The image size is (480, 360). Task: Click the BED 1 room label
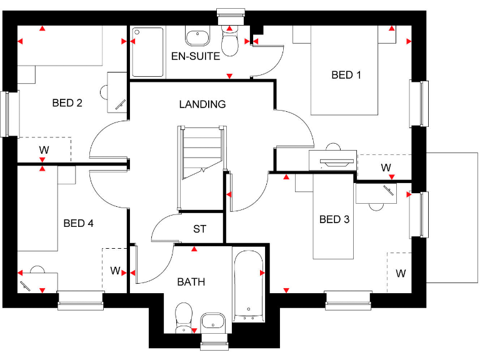pyautogui.click(x=346, y=75)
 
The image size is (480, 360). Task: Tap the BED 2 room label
pyautogui.click(x=67, y=103)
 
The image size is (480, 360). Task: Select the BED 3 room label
pyautogui.click(x=334, y=219)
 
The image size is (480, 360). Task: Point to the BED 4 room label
pyautogui.click(x=79, y=223)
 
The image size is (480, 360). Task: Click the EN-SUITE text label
pyautogui.click(x=196, y=56)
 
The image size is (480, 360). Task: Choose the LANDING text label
pyautogui.click(x=202, y=104)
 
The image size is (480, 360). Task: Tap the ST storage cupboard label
pyautogui.click(x=199, y=229)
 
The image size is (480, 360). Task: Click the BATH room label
pyautogui.click(x=191, y=282)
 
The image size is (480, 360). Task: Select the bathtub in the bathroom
pyautogui.click(x=248, y=284)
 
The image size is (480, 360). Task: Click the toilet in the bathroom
pyautogui.click(x=184, y=317)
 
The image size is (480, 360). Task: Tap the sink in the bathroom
pyautogui.click(x=213, y=321)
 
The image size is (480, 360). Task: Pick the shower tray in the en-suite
pyautogui.click(x=148, y=52)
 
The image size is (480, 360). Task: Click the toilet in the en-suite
pyautogui.click(x=230, y=41)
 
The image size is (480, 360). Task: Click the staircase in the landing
pyautogui.click(x=201, y=153)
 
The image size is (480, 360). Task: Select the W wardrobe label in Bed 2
pyautogui.click(x=44, y=150)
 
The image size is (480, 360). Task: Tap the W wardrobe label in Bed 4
pyautogui.click(x=115, y=271)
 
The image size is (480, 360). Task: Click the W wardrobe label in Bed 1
pyautogui.click(x=386, y=167)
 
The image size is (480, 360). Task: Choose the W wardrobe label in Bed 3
pyautogui.click(x=400, y=273)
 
